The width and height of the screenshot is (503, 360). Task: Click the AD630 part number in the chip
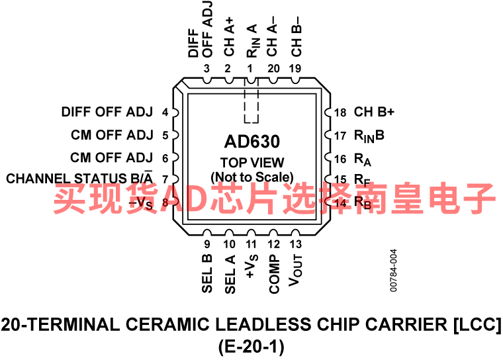(x=251, y=141)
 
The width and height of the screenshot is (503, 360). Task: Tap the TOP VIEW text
(x=251, y=162)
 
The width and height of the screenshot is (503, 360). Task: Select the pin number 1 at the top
(x=250, y=69)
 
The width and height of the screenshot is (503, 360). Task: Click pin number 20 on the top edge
(x=273, y=69)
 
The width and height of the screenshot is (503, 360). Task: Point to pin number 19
(x=295, y=69)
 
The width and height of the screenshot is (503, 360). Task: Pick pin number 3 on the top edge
(x=207, y=69)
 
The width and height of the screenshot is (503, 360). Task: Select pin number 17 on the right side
(x=340, y=136)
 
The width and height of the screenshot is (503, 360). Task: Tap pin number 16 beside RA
(x=340, y=158)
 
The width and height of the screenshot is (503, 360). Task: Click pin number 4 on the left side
(x=165, y=112)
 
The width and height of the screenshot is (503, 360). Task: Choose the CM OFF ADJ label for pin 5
(x=112, y=136)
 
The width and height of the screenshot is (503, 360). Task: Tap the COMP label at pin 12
(x=274, y=273)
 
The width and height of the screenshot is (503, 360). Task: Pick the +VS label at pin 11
(x=251, y=267)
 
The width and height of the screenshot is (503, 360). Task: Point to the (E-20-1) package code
(x=251, y=344)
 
